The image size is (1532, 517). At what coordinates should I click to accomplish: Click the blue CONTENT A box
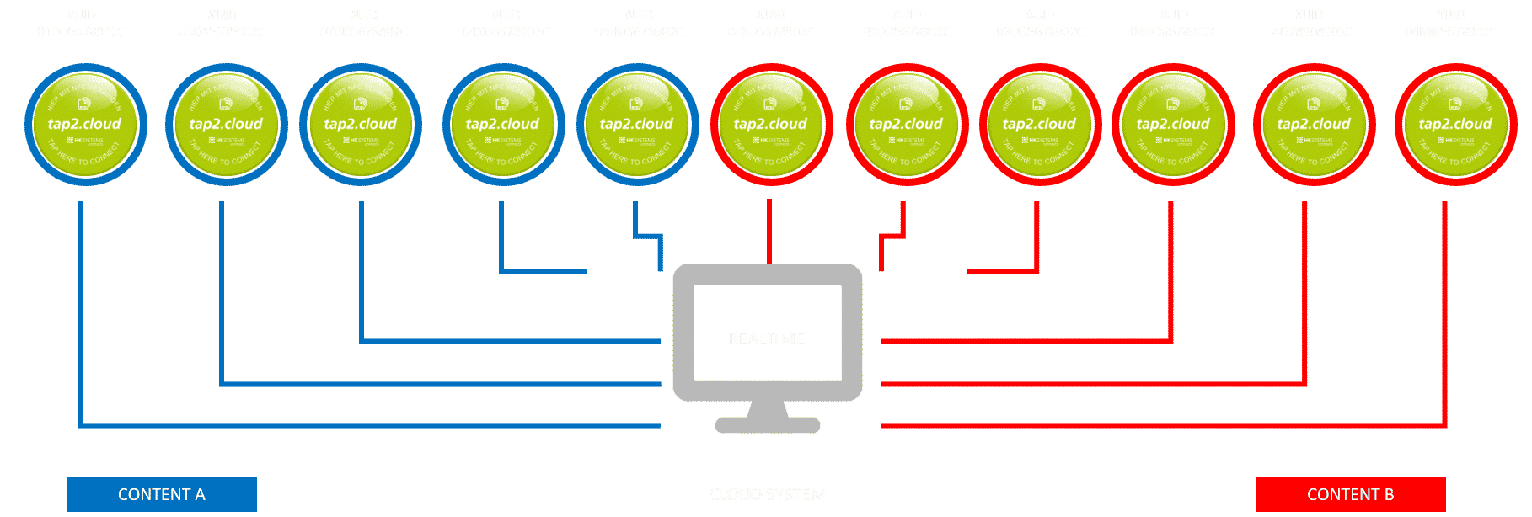[162, 494]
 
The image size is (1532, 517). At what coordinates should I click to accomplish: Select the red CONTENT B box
[1350, 494]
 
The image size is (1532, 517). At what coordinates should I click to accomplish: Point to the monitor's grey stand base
[767, 425]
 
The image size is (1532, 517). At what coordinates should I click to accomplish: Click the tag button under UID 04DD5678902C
[85, 125]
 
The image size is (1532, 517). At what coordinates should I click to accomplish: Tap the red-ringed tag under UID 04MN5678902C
[1455, 125]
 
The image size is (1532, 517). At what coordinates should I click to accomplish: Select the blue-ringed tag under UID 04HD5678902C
[637, 125]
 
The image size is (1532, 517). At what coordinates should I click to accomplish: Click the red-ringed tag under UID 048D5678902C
[771, 125]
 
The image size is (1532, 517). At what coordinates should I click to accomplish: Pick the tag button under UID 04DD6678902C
[1173, 125]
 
